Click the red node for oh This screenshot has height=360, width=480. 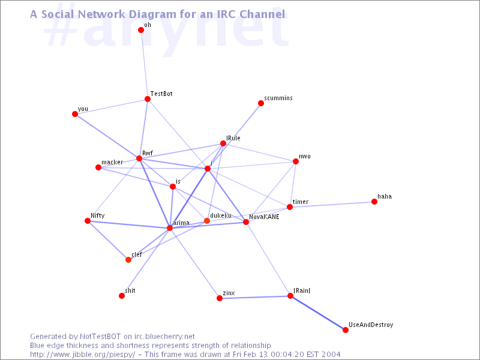coord(141,30)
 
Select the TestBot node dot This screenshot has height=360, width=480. coord(148,99)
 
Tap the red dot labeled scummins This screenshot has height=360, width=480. coord(261,103)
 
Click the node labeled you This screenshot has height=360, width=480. coord(75,114)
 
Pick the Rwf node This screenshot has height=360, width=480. coord(139,158)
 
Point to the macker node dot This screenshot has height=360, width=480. coord(98,167)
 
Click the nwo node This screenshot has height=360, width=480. coord(296,161)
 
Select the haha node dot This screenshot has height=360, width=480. coord(374,202)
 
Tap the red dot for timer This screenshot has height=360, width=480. coord(290,207)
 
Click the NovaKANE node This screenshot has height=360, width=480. coord(246,222)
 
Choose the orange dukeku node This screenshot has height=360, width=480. coord(207,221)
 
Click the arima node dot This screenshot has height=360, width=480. coord(170,228)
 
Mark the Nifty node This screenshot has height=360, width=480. coord(88,221)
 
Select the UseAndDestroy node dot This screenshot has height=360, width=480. coord(346,329)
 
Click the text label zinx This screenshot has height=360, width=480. coord(229,293)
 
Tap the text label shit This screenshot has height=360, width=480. coord(130,290)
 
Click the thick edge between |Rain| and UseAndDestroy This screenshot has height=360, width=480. coord(318,313)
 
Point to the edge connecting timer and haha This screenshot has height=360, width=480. coord(332,204)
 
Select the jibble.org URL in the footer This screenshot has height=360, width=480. coord(83,355)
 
